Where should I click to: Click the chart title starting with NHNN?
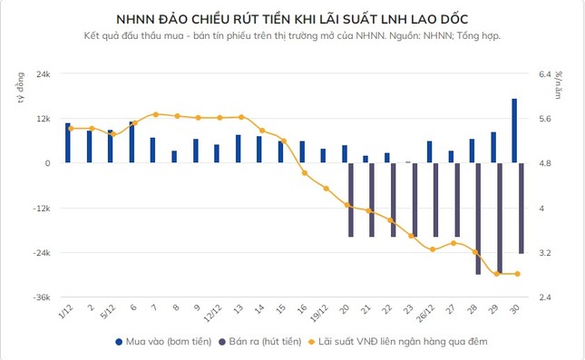292,18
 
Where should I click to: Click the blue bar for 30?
514,131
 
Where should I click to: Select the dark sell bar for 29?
499,218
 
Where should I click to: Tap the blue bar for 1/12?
67,143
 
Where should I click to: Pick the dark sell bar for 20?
351,199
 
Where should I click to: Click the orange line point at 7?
156,114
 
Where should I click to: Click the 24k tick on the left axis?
42,74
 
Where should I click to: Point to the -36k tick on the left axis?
40,297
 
